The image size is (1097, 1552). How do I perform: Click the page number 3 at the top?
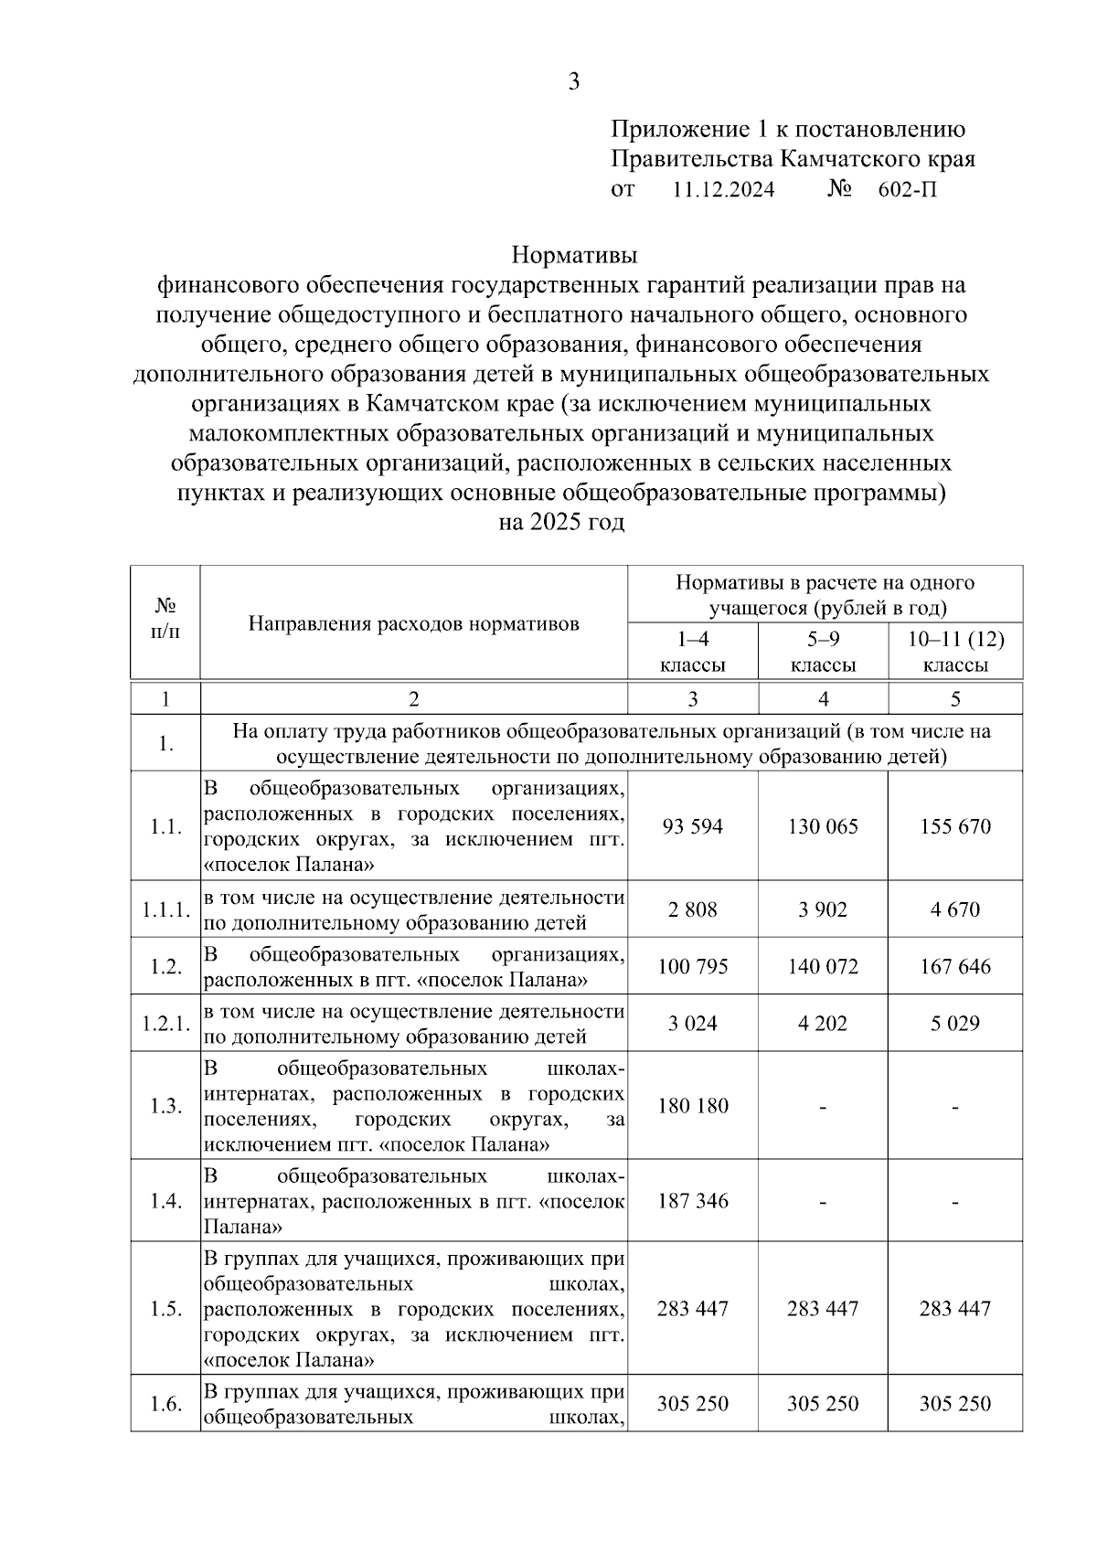point(573,82)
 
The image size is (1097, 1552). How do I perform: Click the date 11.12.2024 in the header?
point(723,190)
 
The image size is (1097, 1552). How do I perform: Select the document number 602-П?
point(907,190)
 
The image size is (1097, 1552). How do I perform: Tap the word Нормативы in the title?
point(573,253)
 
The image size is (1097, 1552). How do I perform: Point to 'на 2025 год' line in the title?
point(561,523)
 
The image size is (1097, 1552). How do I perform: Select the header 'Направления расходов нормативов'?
point(414,623)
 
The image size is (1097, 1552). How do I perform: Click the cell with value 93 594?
point(693,826)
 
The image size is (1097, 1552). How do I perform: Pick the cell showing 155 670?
point(955,826)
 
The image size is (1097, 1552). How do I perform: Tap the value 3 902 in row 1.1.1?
point(823,909)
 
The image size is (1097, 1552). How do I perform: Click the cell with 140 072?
point(823,966)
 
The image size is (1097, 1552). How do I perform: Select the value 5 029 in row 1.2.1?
point(955,1023)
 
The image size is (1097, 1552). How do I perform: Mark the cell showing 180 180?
point(693,1106)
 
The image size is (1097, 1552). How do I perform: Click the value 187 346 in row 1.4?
point(693,1201)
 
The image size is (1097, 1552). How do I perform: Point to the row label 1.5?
point(165,1309)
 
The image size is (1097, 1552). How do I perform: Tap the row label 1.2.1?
point(165,1023)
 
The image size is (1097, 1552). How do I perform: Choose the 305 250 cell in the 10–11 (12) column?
point(955,1404)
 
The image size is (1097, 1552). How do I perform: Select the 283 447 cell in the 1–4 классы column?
point(693,1309)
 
